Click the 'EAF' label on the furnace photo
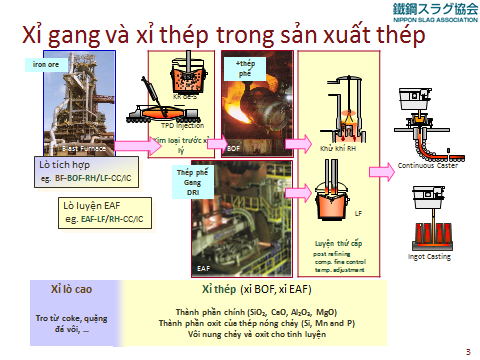pyautogui.click(x=204, y=268)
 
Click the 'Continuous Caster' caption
pyautogui.click(x=425, y=166)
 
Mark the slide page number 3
pyautogui.click(x=468, y=352)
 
